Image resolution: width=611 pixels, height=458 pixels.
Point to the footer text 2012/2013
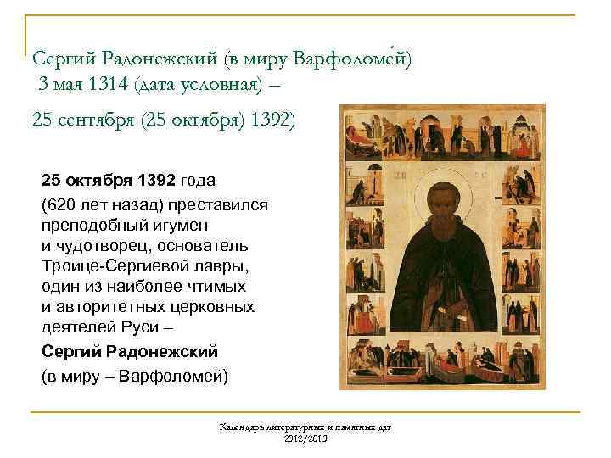305,438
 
